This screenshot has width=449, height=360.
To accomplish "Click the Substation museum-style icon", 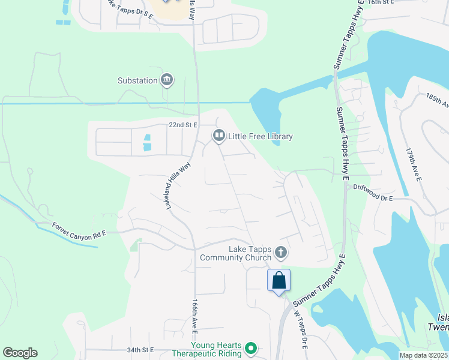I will pos(167,80).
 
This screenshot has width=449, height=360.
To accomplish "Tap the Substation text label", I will pos(137,80).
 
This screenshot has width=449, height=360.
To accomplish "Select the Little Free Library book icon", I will pos(218,137).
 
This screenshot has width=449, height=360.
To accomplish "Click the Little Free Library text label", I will pos(260,137).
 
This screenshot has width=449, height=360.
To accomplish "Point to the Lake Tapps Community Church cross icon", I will pos(281,253).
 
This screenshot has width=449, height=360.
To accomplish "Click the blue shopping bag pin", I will pos(279,280).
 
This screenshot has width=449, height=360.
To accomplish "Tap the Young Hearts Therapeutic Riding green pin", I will pos(252,348).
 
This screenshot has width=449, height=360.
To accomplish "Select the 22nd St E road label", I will pos(184,125).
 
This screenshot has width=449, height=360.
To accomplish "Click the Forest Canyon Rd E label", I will pos(79,232).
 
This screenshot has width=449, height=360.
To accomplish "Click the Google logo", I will pos(20,353).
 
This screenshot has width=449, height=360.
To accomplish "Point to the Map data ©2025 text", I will pos(423,355).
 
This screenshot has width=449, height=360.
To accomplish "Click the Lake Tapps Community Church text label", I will pos(250,253).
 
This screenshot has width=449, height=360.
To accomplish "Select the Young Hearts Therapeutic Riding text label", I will pos(216,350).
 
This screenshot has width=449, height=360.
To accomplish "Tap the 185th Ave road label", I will pos(437,100).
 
